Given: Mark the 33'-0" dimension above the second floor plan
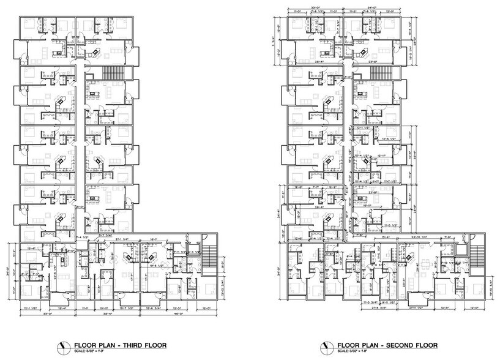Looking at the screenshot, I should pyautogui.click(x=316, y=8).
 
